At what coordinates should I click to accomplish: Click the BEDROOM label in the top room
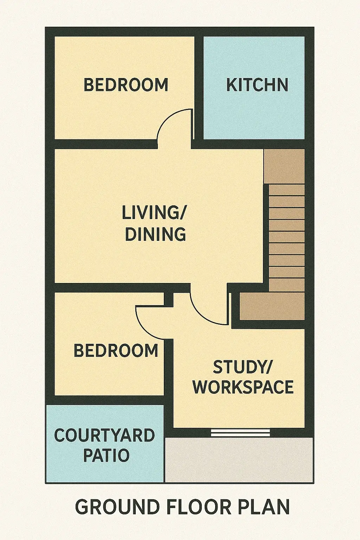point(126,85)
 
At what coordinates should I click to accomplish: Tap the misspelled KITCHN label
point(257,85)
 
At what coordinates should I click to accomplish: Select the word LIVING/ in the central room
point(154,213)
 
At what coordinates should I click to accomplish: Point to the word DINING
point(155,234)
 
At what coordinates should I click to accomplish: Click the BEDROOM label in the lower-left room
point(116,351)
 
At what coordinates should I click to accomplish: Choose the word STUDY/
point(243,367)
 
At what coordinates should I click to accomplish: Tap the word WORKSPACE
point(243,387)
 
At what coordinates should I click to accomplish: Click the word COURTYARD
point(105,436)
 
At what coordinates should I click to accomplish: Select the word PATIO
point(106,455)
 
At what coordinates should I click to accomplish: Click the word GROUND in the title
point(117,507)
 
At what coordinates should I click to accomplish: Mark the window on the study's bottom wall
point(240,432)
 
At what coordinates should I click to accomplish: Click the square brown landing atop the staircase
point(284,166)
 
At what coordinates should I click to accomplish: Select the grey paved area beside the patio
point(239,459)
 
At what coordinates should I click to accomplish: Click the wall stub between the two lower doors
point(169,298)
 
